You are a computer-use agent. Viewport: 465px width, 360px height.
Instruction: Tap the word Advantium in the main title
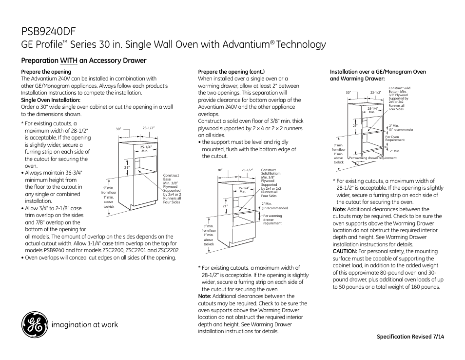(x=244, y=44)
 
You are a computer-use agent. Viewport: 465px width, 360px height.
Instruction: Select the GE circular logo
(x=34, y=324)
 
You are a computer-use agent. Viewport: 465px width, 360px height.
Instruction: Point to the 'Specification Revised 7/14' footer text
(x=410, y=337)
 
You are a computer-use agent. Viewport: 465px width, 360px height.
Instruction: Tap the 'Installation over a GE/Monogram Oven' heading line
(x=378, y=72)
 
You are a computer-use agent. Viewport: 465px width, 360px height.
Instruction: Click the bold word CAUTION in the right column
(x=345, y=252)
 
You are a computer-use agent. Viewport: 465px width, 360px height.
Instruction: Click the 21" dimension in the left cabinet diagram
(x=126, y=168)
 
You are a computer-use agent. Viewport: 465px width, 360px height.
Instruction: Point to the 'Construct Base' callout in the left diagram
(x=171, y=177)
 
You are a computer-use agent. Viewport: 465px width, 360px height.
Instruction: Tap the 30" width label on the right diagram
(x=349, y=92)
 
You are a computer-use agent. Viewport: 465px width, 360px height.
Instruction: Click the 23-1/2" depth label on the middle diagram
(x=247, y=170)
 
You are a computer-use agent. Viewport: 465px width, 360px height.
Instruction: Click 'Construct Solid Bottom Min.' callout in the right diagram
(x=399, y=90)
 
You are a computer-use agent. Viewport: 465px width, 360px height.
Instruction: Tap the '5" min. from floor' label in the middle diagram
(x=209, y=228)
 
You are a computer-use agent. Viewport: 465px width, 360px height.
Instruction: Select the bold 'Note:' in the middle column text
(x=205, y=296)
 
